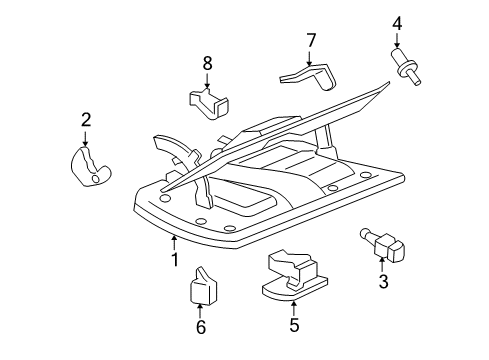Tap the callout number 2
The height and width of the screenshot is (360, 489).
click(x=86, y=121)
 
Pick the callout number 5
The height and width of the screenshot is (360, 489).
click(x=294, y=324)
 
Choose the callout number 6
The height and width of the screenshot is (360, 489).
click(x=200, y=326)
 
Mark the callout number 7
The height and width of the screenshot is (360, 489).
click(x=311, y=40)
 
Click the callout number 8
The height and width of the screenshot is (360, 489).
click(x=208, y=62)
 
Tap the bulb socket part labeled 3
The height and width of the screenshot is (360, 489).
click(x=383, y=243)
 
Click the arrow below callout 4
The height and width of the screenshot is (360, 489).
click(x=397, y=41)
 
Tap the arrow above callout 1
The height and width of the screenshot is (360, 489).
click(x=174, y=240)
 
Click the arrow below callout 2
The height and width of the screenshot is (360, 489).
click(x=87, y=139)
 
